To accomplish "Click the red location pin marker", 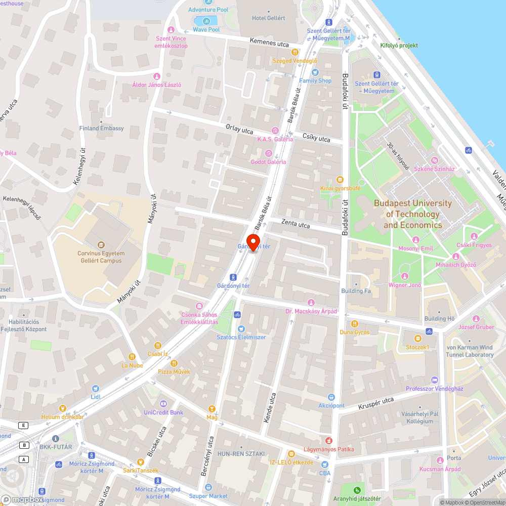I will [254, 242].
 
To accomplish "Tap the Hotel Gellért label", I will [268, 18].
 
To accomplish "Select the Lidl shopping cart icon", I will [95, 389].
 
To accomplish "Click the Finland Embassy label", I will [101, 128].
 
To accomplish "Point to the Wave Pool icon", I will [206, 21].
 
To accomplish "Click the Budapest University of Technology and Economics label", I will [412, 214].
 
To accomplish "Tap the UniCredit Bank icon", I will [162, 403].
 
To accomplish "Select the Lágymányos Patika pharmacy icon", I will [328, 441].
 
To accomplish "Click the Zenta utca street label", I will [296, 223].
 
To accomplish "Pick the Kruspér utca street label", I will [376, 403].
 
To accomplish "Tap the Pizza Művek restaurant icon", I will [174, 363].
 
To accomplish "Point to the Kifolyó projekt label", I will [399, 46].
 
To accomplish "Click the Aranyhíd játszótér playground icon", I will [357, 489].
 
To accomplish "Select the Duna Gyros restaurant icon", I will [354, 323].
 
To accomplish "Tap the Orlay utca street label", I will [239, 129].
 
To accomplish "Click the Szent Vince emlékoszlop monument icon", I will [171, 30].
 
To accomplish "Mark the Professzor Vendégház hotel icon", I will [434, 379].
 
